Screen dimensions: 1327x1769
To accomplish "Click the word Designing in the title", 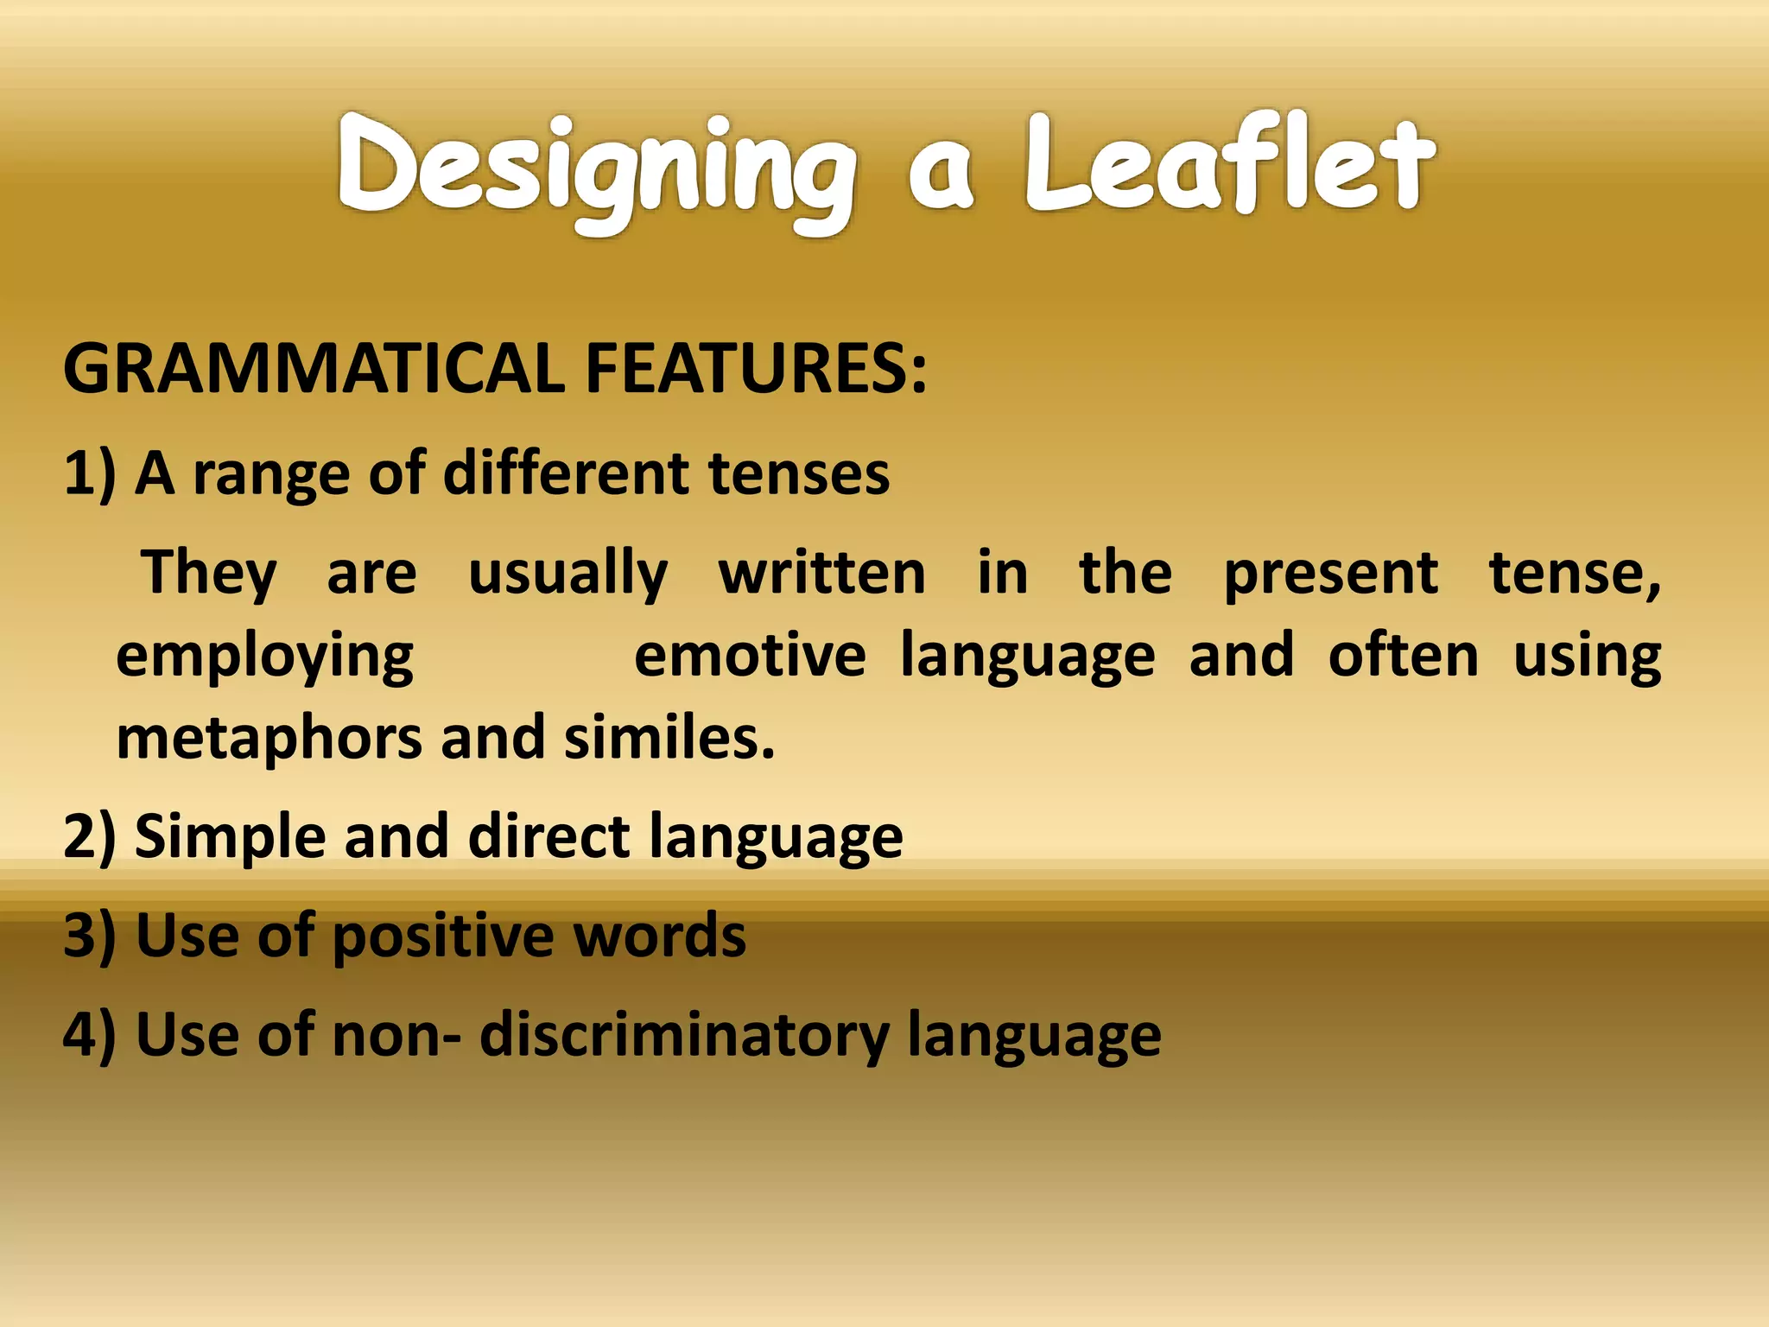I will tap(596, 168).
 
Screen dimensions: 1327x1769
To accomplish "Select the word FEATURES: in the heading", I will tap(756, 369).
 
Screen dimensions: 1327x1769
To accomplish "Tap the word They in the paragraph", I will tap(209, 573).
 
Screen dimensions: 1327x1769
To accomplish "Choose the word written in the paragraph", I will tap(821, 573).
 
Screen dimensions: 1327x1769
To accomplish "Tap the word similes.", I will tap(669, 739).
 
